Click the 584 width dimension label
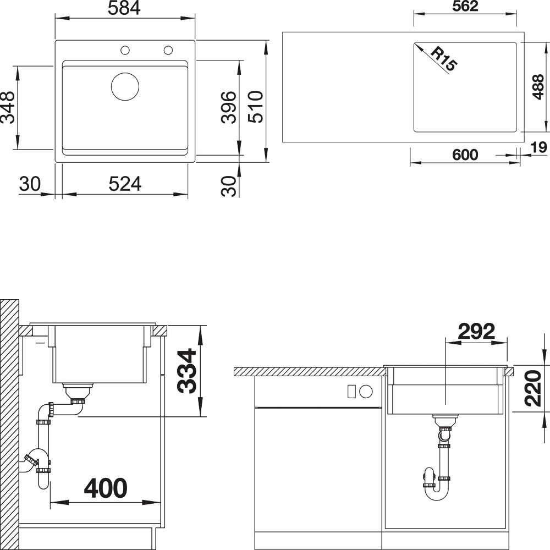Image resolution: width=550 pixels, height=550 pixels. tap(124, 8)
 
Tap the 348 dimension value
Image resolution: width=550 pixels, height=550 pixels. tap(8, 107)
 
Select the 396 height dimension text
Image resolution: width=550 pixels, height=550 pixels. tap(229, 107)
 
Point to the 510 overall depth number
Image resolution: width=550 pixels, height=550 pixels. tap(256, 107)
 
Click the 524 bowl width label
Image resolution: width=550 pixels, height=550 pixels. tap(125, 184)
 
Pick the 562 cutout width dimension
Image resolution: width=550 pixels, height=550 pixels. tap(465, 6)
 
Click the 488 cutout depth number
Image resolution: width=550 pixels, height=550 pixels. tap(538, 87)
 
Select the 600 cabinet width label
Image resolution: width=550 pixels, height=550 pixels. tap(465, 155)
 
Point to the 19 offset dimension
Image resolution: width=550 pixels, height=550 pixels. tap(539, 147)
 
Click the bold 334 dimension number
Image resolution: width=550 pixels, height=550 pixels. tap(186, 371)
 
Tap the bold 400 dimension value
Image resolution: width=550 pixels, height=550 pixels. tap(106, 488)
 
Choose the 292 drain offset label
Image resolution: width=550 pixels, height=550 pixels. tap(476, 331)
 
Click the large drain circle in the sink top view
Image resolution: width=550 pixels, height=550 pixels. tap(125, 87)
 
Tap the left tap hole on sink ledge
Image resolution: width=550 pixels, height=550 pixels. tap(125, 50)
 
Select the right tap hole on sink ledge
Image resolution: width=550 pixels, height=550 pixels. tap(168, 50)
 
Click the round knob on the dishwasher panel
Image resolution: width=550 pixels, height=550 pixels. tap(366, 391)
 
